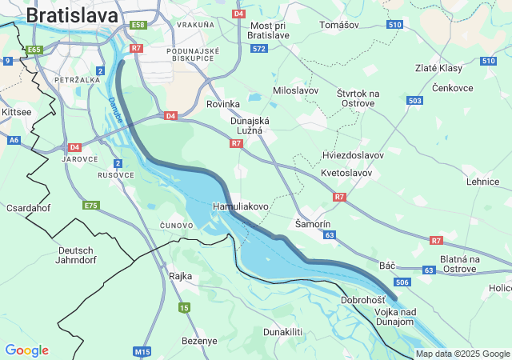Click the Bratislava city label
72,15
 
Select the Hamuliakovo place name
240,206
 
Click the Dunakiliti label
283,331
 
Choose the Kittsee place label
16,112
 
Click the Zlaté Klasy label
438,68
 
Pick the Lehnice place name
483,182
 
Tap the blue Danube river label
116,110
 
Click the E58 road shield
138,26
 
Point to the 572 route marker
258,49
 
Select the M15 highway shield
142,351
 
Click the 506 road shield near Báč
402,282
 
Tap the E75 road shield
91,206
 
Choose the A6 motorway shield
14,140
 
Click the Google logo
26,350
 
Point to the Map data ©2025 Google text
462,354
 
